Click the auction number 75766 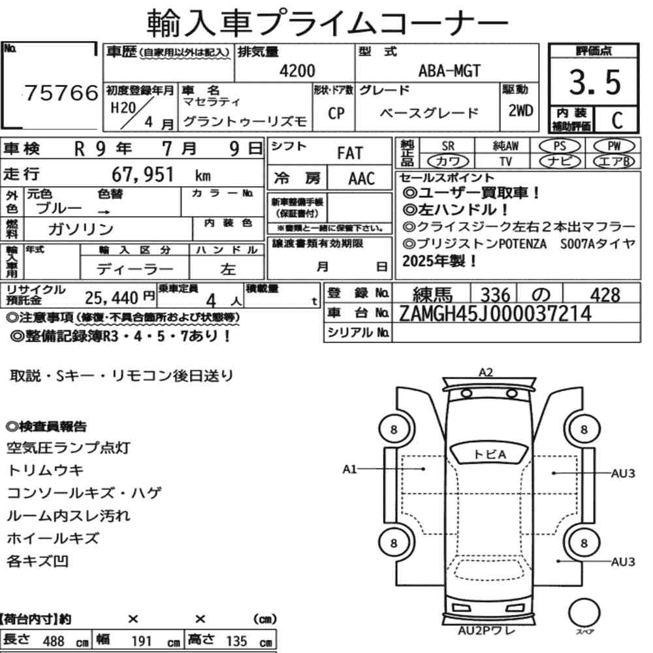tap(61, 93)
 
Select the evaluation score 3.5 tap(595, 82)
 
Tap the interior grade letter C tap(617, 120)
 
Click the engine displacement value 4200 tap(297, 71)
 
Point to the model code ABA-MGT tap(449, 71)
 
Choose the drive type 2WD tap(520, 111)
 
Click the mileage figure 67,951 tap(142, 174)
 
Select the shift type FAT tap(350, 153)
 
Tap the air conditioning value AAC tap(362, 179)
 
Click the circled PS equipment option tap(560, 146)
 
